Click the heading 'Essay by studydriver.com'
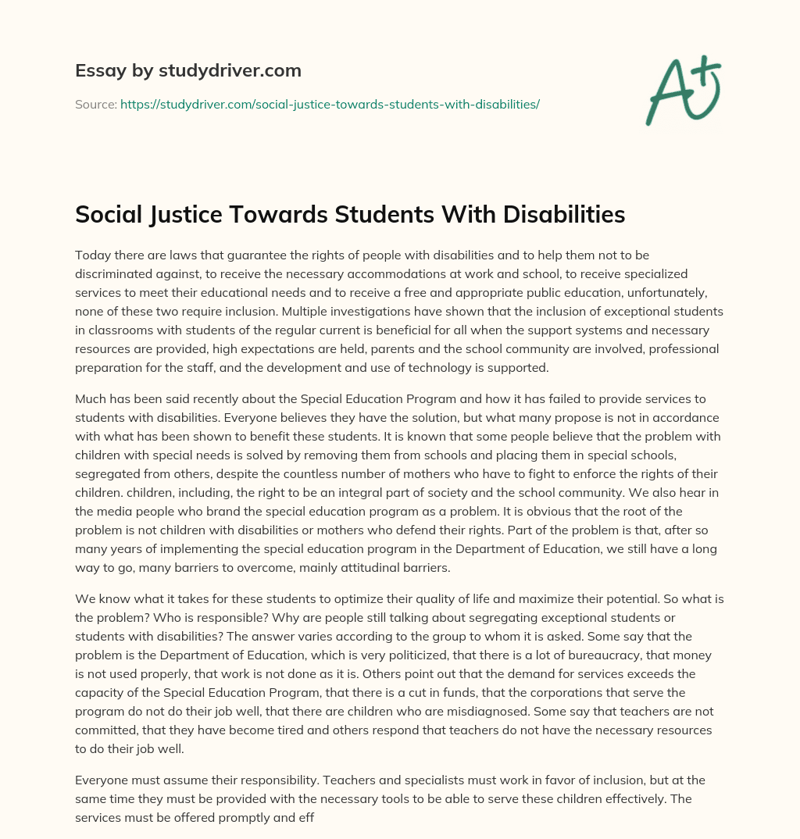[x=187, y=71]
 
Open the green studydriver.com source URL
[x=330, y=103]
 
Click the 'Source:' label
[x=95, y=103]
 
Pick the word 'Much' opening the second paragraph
[x=91, y=398]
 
